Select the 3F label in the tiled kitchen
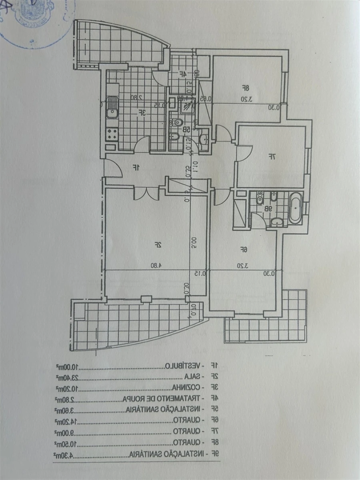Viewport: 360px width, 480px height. click(x=141, y=113)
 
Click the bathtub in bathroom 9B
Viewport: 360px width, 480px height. click(x=296, y=208)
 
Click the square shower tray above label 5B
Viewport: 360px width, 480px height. click(x=186, y=106)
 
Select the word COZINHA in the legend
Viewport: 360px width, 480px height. click(x=186, y=388)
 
